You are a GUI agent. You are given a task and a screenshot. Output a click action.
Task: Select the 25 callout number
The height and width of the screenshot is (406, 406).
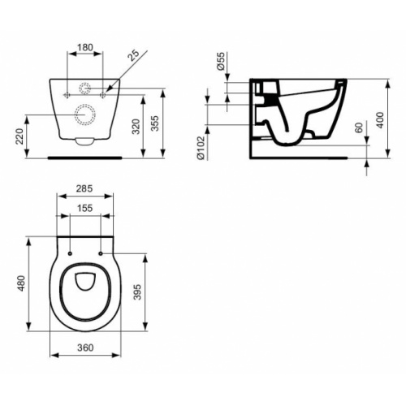coord(135,56)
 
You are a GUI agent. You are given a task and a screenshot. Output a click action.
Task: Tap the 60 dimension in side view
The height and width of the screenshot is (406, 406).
coord(359,130)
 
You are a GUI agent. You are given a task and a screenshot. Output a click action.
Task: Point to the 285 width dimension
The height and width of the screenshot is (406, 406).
coord(84,189)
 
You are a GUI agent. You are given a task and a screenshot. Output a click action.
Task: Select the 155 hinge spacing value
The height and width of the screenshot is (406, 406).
coord(84,208)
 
